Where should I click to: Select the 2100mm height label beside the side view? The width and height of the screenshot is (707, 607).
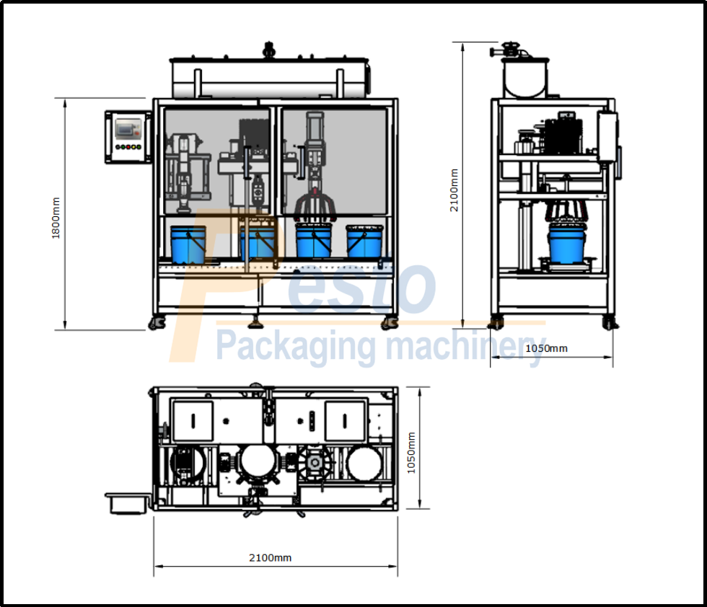tap(454, 190)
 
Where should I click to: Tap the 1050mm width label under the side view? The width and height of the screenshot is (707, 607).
tap(546, 348)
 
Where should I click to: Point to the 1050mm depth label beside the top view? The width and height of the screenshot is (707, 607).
tap(411, 452)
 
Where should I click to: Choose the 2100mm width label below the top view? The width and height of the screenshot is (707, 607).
tap(271, 557)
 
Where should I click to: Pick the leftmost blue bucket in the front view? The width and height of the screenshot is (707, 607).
tap(188, 244)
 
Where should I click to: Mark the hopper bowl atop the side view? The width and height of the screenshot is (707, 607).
tap(526, 78)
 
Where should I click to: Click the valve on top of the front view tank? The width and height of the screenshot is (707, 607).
tap(270, 51)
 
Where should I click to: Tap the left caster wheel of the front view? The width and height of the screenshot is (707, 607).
tap(157, 323)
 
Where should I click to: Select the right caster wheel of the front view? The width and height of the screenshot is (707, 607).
tap(390, 322)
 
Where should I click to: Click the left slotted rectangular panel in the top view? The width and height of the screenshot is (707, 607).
tap(193, 421)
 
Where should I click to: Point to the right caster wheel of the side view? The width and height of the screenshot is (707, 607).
tap(610, 323)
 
